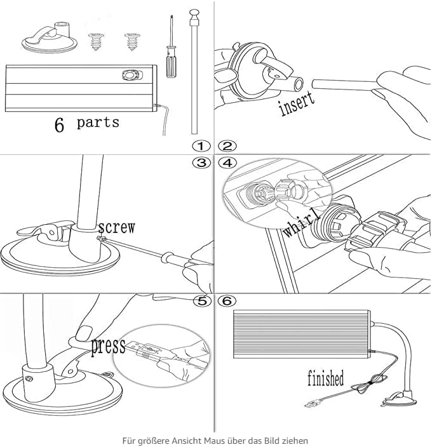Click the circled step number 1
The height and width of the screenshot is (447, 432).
[201, 146]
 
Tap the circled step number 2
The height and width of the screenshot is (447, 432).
[227, 146]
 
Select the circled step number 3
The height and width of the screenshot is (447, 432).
[201, 163]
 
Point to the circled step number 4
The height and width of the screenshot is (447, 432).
[227, 163]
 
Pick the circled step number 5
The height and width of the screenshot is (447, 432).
[202, 301]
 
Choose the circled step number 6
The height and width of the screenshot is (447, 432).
[227, 301]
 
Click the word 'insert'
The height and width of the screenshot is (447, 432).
[297, 103]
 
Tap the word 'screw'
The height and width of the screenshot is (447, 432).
[116, 227]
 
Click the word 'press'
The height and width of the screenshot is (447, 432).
[108, 346]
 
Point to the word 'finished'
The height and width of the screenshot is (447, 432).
[325, 378]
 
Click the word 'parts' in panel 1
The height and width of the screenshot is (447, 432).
[98, 123]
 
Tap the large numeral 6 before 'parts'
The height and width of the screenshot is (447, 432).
[59, 124]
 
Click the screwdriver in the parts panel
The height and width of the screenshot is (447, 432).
[171, 47]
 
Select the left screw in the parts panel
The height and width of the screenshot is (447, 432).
[96, 42]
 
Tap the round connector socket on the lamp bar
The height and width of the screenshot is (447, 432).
[131, 76]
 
